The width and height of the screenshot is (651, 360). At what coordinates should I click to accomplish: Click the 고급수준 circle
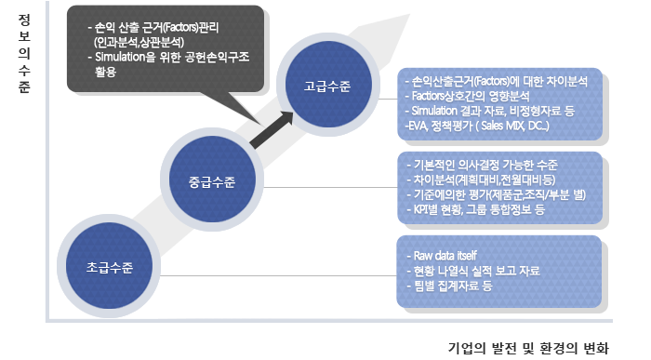pyautogui.click(x=327, y=87)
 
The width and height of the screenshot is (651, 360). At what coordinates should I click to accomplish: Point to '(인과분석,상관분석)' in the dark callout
pyautogui.click(x=145, y=42)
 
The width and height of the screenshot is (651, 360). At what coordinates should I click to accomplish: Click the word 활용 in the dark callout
pyautogui.click(x=105, y=72)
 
